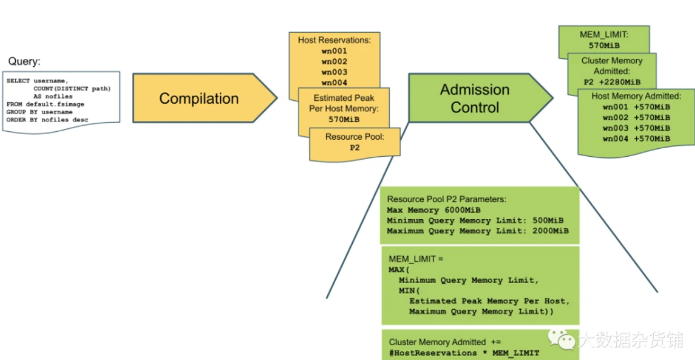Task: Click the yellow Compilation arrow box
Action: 199,98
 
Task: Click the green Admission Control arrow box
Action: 475,98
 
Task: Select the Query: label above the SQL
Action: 24,61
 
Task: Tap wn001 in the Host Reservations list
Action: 334,51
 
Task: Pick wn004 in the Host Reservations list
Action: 334,83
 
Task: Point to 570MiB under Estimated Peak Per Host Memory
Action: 344,119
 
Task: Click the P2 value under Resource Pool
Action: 355,148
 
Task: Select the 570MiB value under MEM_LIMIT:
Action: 604,45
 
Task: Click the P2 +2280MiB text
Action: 612,82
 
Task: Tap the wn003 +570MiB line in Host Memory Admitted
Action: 636,128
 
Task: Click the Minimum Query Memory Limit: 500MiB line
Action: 475,220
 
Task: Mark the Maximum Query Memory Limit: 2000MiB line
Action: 477,231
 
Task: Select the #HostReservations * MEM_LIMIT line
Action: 464,353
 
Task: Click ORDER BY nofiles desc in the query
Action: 48,120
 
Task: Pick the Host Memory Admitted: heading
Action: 636,96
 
